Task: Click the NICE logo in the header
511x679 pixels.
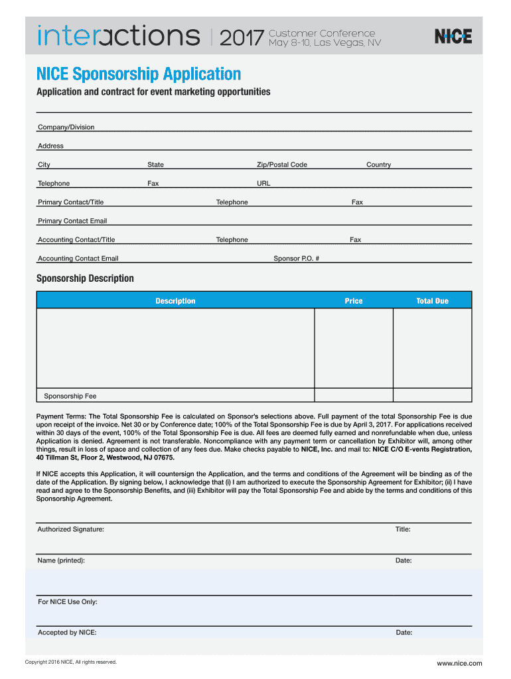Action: click(x=453, y=36)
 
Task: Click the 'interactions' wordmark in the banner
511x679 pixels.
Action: click(x=119, y=36)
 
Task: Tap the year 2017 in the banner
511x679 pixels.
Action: click(x=241, y=38)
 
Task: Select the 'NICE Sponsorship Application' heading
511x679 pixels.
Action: click(x=138, y=74)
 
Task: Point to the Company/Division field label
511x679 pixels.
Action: click(x=66, y=127)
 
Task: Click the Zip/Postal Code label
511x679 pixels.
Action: click(x=282, y=164)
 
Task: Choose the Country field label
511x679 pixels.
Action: click(x=378, y=164)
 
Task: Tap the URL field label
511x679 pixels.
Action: click(x=263, y=184)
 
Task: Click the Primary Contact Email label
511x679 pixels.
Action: click(x=72, y=221)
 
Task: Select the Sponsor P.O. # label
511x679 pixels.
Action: click(x=297, y=259)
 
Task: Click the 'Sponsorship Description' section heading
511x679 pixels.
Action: click(x=85, y=278)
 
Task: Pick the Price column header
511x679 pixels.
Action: click(x=354, y=301)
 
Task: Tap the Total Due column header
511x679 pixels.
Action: click(x=432, y=301)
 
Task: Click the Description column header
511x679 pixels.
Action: click(x=175, y=301)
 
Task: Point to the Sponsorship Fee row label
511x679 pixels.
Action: click(x=70, y=396)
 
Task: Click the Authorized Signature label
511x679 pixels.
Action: click(x=70, y=529)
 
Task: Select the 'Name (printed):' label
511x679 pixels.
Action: click(x=61, y=560)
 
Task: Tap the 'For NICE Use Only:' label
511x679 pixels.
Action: click(x=68, y=602)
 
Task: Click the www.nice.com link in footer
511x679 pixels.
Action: click(x=459, y=663)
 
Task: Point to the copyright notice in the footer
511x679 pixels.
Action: click(x=70, y=662)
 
